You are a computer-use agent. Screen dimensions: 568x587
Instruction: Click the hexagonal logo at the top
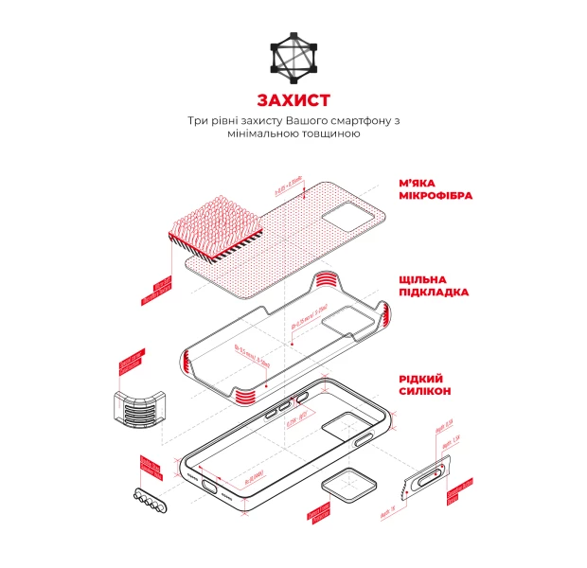point(293,56)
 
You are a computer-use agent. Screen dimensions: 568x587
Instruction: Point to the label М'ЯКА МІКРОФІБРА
point(435,189)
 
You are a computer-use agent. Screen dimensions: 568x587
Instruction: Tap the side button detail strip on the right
point(426,476)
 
